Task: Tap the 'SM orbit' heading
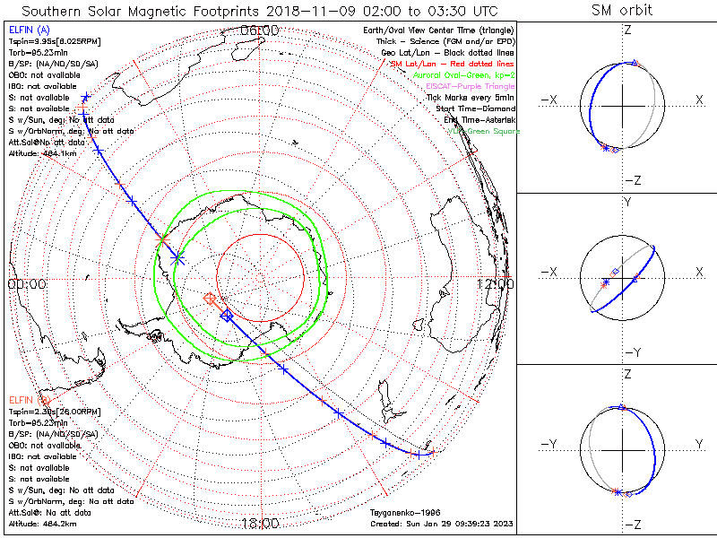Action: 622,11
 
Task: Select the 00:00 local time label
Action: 26,283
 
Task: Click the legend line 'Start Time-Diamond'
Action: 478,108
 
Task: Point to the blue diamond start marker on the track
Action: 227,316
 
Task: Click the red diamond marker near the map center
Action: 210,298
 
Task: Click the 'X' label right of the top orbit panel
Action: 699,100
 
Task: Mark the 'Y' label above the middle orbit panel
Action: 626,202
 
